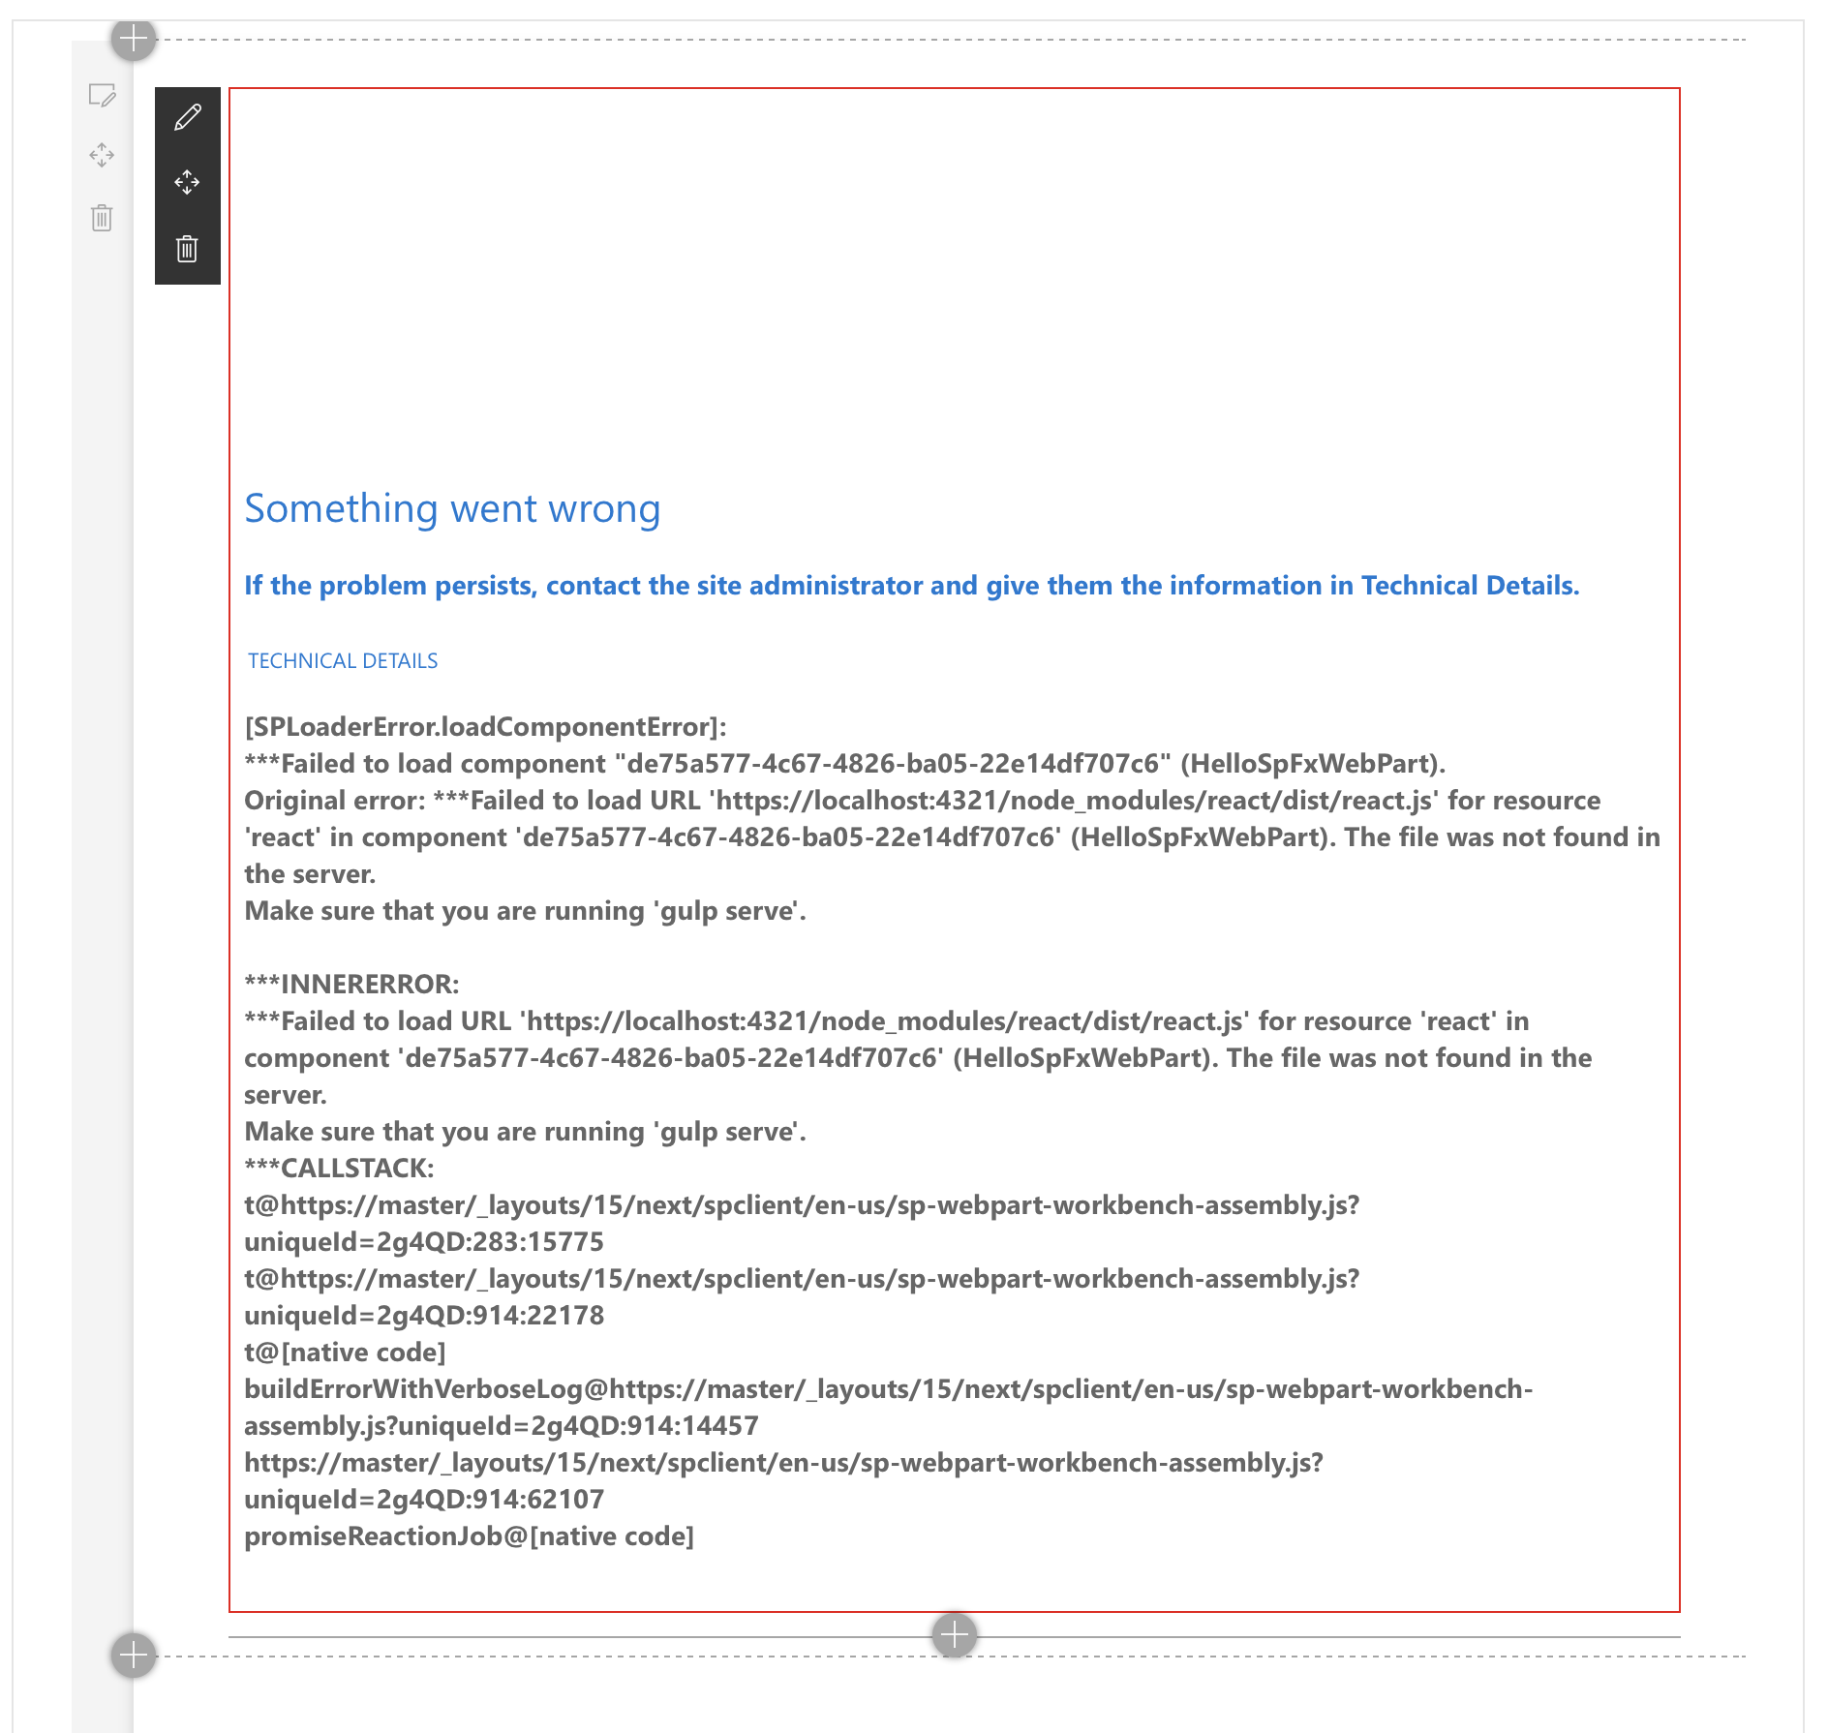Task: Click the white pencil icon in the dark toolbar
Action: (x=188, y=118)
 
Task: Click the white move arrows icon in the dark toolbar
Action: (x=187, y=182)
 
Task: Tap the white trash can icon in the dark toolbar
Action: (x=187, y=249)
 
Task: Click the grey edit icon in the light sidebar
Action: (x=102, y=95)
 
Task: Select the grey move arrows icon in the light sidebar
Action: (x=102, y=155)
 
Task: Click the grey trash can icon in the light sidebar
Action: (x=102, y=218)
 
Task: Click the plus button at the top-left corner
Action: (x=134, y=40)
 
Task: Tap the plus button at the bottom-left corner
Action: (x=134, y=1655)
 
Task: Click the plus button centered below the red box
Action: (x=955, y=1635)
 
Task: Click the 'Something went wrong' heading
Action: (x=452, y=509)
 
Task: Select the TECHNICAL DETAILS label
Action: (x=343, y=661)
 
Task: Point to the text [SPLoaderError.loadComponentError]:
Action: (x=485, y=727)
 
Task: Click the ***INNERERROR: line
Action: (x=351, y=985)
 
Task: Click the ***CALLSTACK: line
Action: (x=339, y=1169)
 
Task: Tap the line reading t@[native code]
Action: (x=345, y=1353)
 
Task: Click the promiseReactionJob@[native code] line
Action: (x=469, y=1536)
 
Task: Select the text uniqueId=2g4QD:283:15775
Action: (x=424, y=1242)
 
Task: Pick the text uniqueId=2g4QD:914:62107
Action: (x=424, y=1500)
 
